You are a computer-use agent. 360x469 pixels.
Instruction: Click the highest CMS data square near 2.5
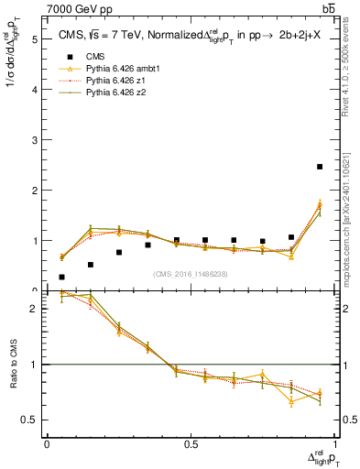[320, 167]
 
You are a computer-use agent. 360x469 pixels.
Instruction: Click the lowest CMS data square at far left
[61, 277]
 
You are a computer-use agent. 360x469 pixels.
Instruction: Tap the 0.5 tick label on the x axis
[191, 444]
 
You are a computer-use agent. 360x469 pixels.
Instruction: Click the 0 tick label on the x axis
[47, 444]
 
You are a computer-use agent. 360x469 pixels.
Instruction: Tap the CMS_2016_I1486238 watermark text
[191, 274]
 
